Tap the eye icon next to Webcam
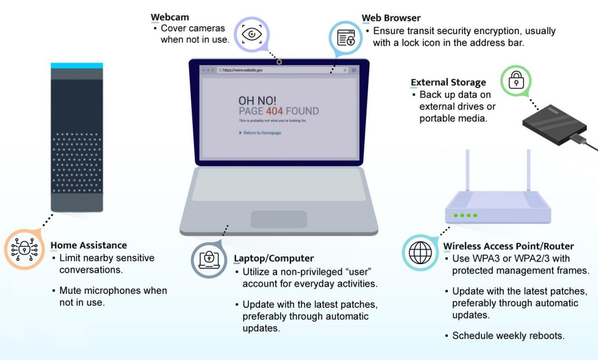252,34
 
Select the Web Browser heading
391,18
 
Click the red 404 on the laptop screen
274,111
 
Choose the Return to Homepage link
262,133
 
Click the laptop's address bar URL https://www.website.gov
242,70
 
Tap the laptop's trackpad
279,219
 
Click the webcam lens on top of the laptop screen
279,62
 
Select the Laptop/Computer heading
266,259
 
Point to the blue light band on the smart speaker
77,66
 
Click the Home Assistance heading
89,245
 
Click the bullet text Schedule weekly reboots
508,336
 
